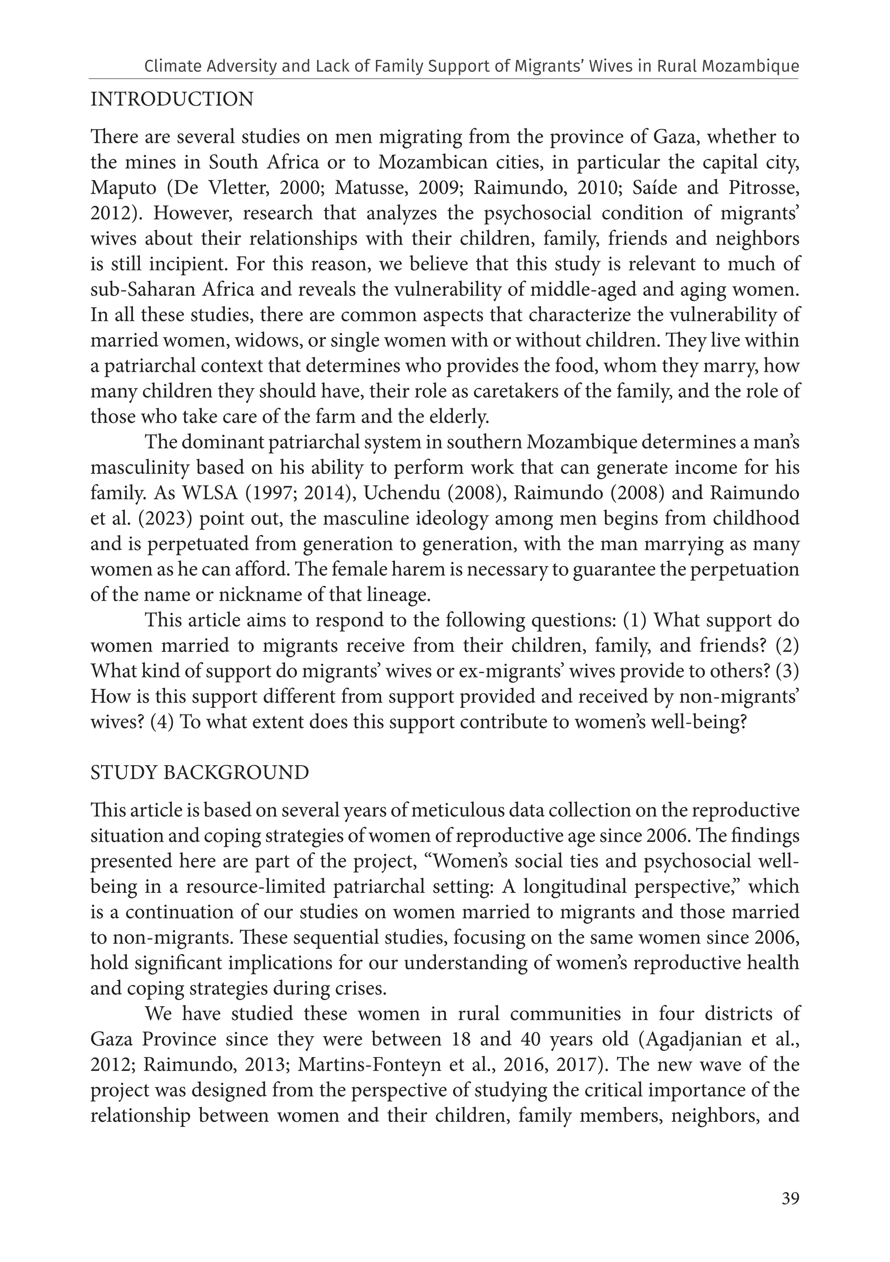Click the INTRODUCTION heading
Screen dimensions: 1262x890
point(172,99)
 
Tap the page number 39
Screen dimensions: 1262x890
point(790,1199)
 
